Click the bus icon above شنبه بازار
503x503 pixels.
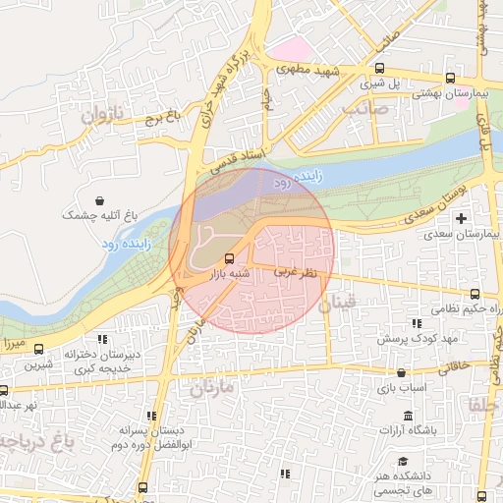230,258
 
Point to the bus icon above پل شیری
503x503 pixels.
379,68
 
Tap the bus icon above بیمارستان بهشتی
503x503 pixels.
449,78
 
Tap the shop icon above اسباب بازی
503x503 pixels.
402,372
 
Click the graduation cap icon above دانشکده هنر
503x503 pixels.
402,461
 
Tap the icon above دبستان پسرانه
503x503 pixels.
151,417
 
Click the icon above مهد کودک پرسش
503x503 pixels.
418,322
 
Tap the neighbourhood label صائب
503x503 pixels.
366,109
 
